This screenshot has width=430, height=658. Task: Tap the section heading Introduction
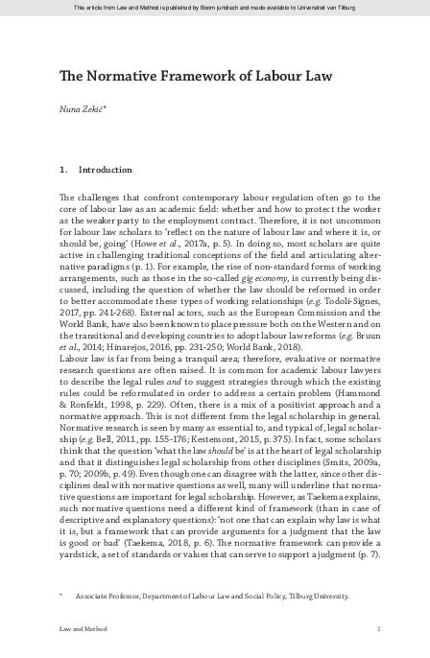click(106, 170)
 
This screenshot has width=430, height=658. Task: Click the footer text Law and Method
click(82, 628)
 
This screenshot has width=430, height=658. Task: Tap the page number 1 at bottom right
click(380, 628)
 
